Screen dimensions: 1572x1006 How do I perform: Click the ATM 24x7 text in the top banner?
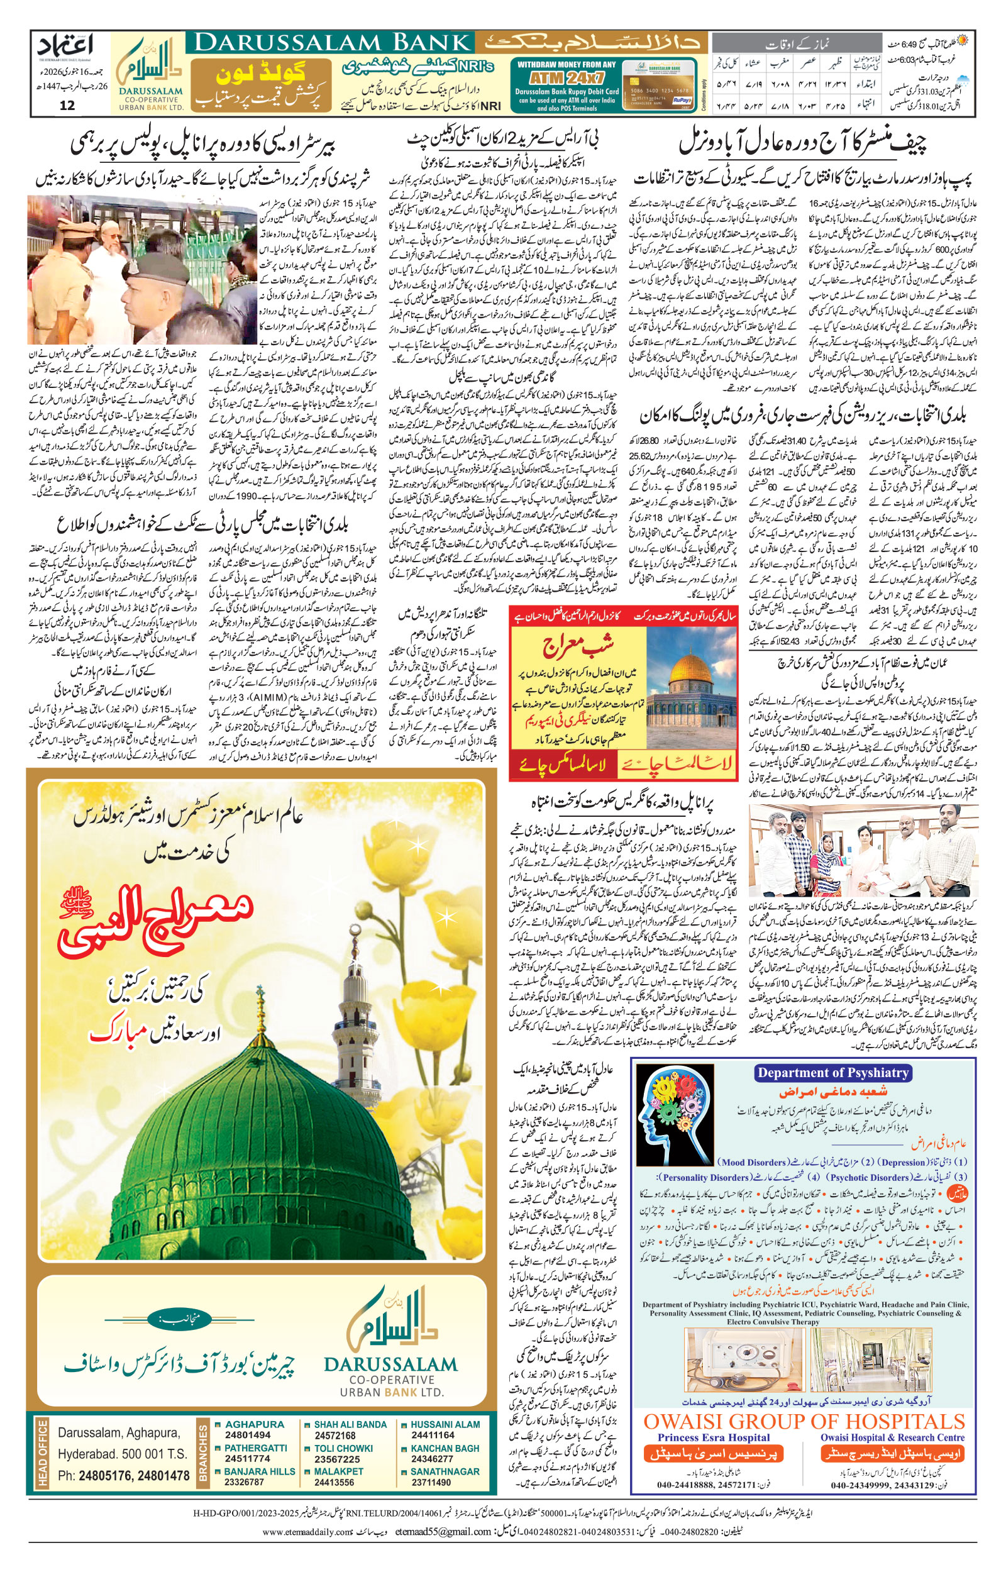tap(566, 77)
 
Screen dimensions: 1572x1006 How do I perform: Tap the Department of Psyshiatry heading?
tap(832, 1073)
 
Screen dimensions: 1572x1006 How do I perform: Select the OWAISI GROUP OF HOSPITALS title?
tap(804, 1422)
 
